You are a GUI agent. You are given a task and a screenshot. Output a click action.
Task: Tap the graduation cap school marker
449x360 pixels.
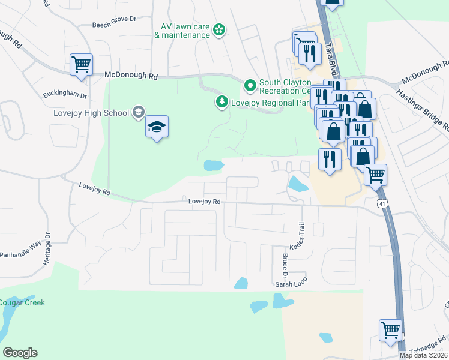[x=157, y=127]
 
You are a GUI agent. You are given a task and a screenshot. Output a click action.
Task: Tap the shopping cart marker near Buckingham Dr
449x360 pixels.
[x=81, y=64]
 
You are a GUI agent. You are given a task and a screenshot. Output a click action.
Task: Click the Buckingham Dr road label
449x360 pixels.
[x=65, y=95]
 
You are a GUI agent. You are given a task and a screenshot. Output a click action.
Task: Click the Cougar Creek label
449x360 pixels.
[x=22, y=302]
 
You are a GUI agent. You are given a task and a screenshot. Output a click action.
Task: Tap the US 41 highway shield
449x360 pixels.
[x=382, y=204]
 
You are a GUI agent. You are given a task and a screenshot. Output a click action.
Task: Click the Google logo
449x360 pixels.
[x=20, y=352]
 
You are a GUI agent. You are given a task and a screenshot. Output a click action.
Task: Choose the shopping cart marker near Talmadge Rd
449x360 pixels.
[x=390, y=330]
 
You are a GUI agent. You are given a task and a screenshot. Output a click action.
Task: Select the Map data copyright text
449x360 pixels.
[x=423, y=355]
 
